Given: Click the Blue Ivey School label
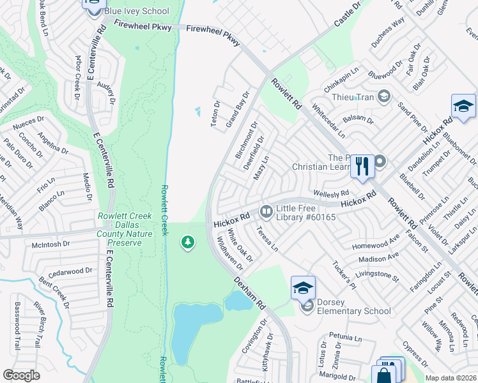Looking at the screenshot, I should tap(139, 11).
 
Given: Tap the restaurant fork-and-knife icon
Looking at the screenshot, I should tap(362, 166).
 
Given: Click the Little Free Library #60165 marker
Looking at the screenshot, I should tap(265, 210).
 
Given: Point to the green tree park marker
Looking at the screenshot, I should tap(187, 243).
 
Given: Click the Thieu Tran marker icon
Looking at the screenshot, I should tap(384, 97).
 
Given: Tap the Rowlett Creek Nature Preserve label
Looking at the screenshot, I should tap(125, 229).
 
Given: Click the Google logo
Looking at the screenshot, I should tap(21, 375).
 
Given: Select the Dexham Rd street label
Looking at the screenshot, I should tap(249, 292).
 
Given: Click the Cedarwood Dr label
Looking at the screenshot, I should tap(66, 271).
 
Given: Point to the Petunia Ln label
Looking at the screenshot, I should tap(346, 335).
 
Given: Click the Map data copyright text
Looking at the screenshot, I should tap(451, 378).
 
